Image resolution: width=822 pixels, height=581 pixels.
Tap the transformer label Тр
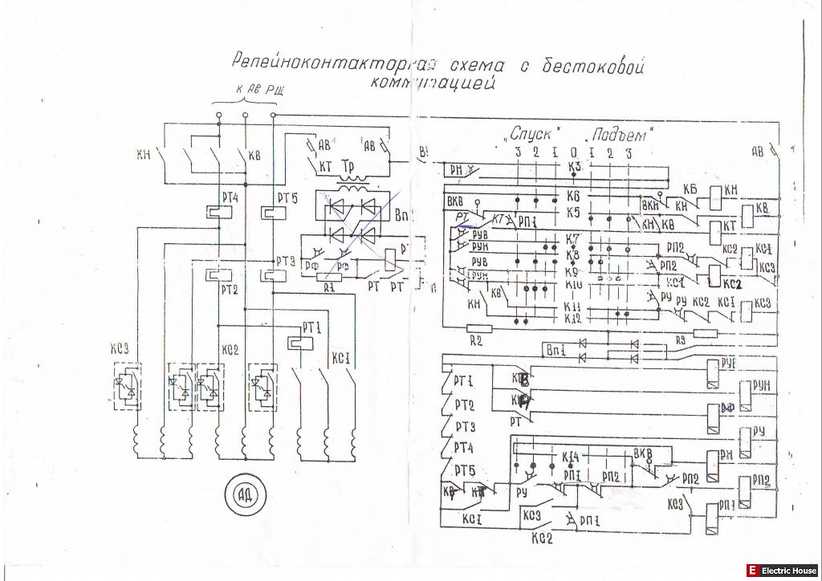tap(348, 166)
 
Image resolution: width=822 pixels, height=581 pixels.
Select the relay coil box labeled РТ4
tap(216, 213)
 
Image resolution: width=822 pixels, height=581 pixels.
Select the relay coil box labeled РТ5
tap(271, 213)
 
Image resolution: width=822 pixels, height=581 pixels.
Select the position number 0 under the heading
tap(572, 152)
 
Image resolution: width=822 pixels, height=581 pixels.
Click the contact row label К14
tap(571, 457)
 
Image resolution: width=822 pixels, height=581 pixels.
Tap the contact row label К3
tap(573, 166)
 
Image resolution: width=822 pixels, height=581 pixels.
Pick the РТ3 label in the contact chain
tap(465, 427)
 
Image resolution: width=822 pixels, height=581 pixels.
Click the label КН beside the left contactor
tap(144, 156)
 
